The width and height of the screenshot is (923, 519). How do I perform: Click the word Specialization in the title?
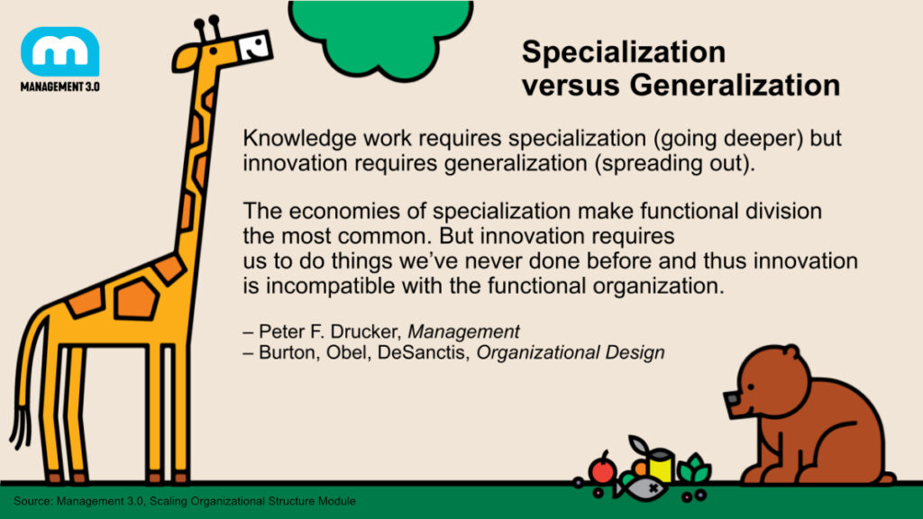click(623, 52)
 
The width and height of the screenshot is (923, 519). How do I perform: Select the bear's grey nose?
click(732, 399)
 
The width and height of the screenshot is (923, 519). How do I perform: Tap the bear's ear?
click(790, 354)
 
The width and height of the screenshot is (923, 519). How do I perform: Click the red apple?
click(602, 470)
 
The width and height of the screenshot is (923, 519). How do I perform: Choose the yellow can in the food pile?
click(661, 465)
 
